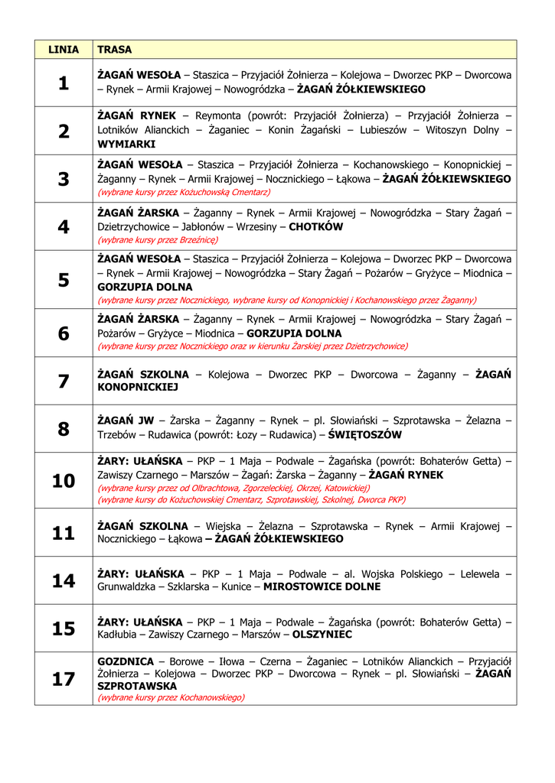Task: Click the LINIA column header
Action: pyautogui.click(x=64, y=50)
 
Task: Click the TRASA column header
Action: pyautogui.click(x=115, y=50)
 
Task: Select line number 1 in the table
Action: pyautogui.click(x=64, y=83)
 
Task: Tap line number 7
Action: pyautogui.click(x=64, y=381)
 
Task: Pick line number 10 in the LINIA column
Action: pyautogui.click(x=64, y=481)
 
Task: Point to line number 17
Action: pyautogui.click(x=64, y=679)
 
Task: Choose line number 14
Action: pyautogui.click(x=64, y=581)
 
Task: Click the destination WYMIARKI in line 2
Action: pyautogui.click(x=126, y=144)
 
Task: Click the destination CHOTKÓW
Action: pyautogui.click(x=315, y=227)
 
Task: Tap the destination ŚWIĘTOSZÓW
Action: pyautogui.click(x=364, y=434)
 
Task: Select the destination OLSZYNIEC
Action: pyautogui.click(x=322, y=635)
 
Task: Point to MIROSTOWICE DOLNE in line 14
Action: pyautogui.click(x=322, y=586)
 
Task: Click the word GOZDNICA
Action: pyautogui.click(x=126, y=661)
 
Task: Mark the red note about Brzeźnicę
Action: pyautogui.click(x=158, y=239)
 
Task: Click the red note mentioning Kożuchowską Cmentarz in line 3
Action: pyautogui.click(x=184, y=192)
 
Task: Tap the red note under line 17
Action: pyautogui.click(x=171, y=697)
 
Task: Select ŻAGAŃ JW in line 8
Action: pyautogui.click(x=126, y=421)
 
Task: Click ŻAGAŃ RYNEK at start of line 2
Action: pyautogui.click(x=136, y=115)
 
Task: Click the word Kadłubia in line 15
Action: pyautogui.click(x=119, y=635)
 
